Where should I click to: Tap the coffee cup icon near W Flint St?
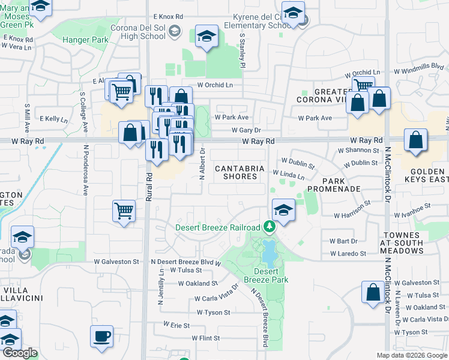pos(101,335)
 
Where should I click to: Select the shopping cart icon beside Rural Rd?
pos(124,210)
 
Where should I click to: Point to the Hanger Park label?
pos(84,40)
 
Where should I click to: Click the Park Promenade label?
pos(333,185)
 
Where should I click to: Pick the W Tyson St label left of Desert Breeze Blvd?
pos(213,313)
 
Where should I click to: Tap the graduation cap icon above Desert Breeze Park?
pos(283,210)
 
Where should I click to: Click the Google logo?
pos(20,353)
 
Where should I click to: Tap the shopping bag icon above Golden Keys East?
pos(415,140)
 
